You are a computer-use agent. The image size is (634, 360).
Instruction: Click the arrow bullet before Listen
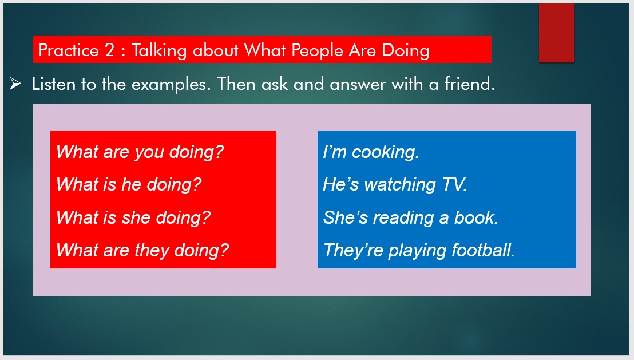tap(15, 84)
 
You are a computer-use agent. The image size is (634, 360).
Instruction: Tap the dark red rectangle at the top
tap(556, 33)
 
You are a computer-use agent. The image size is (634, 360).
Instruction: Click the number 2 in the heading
tap(109, 50)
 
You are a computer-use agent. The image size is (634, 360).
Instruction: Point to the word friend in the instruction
tap(469, 84)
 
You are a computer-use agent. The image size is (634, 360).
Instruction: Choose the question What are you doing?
tap(140, 152)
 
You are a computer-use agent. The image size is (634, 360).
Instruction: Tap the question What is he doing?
tap(129, 185)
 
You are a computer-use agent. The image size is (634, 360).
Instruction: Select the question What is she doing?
tap(133, 217)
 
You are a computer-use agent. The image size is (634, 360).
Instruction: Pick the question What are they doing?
tap(142, 250)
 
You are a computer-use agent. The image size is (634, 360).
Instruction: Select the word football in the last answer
tap(483, 250)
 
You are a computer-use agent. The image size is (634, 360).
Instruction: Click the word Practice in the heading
tap(68, 50)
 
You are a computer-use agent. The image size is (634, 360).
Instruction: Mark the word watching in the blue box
tap(400, 185)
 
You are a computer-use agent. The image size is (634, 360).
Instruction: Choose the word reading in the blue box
tap(403, 218)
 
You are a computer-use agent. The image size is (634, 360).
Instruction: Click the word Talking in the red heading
tap(159, 51)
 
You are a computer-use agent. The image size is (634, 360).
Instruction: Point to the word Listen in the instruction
tap(54, 84)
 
